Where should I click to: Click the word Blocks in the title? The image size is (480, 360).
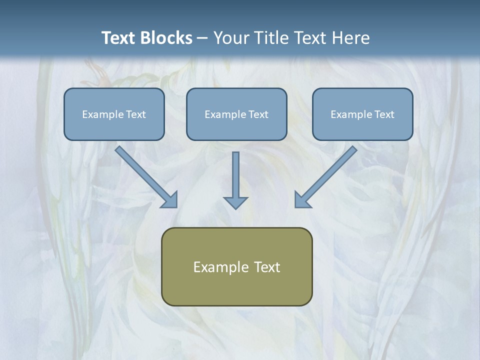[x=167, y=38]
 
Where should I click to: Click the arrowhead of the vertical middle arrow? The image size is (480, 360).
[x=235, y=202]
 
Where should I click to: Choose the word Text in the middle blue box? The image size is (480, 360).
[x=258, y=114]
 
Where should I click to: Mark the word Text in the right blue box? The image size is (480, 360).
[x=384, y=114]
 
